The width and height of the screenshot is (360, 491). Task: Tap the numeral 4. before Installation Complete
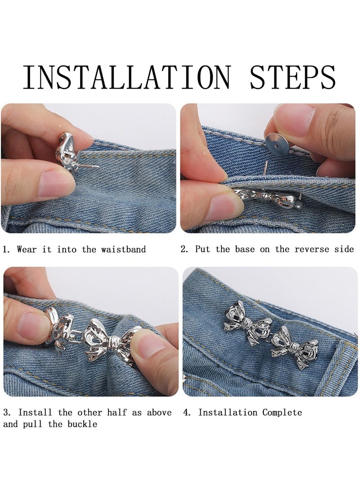click(187, 412)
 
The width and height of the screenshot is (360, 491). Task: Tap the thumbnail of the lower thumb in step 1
click(54, 185)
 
